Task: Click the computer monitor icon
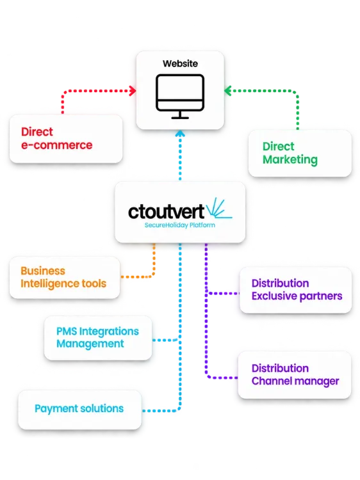[180, 96]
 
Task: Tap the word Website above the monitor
[180, 63]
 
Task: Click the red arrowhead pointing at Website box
[133, 91]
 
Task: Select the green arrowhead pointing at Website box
[228, 91]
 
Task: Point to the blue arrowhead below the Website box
[180, 134]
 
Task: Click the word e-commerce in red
[56, 145]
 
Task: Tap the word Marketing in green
[290, 160]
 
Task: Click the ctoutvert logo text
[166, 212]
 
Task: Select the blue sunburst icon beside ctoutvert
[219, 208]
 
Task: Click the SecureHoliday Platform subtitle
[180, 225]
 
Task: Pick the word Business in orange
[43, 271]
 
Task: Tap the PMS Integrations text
[97, 332]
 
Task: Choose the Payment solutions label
[79, 409]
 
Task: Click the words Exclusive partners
[297, 296]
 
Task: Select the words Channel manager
[295, 381]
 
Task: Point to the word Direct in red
[37, 132]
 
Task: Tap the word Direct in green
[278, 147]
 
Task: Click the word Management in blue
[90, 344]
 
